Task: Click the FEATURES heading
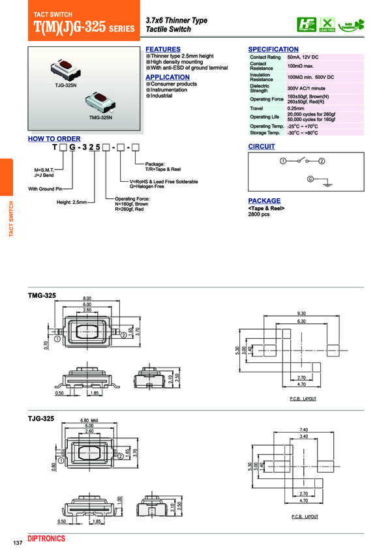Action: tap(162, 50)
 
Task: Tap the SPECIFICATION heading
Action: tap(273, 50)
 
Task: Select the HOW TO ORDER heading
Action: tap(54, 139)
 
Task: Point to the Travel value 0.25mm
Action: tap(295, 108)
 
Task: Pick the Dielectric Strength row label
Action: tap(260, 88)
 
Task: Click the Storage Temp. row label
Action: tap(265, 132)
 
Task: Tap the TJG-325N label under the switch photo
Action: tap(66, 86)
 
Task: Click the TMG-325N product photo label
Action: tap(100, 118)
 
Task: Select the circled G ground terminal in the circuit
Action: tap(310, 179)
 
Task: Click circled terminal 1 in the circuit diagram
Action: tap(283, 160)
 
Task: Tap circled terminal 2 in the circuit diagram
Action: tap(322, 160)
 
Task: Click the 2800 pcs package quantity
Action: tap(259, 214)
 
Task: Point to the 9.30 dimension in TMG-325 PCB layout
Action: tap(301, 313)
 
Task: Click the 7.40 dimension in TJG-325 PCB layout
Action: tap(303, 430)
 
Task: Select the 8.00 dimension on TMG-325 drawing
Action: tap(87, 298)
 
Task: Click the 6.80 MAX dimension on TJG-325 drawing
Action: tap(89, 420)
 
